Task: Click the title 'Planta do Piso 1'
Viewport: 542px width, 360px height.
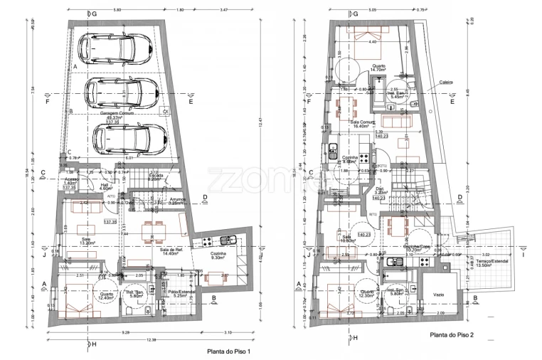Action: coord(228,351)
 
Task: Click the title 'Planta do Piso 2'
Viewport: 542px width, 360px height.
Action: coord(453,334)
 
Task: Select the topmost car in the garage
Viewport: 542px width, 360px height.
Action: coord(113,51)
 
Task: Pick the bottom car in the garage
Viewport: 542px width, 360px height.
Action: coord(129,135)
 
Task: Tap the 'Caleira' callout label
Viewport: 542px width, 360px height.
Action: coord(447,82)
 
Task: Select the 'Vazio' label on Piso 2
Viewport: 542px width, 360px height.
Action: coord(438,293)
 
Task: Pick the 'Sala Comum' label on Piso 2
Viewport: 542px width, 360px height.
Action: coord(363,123)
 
